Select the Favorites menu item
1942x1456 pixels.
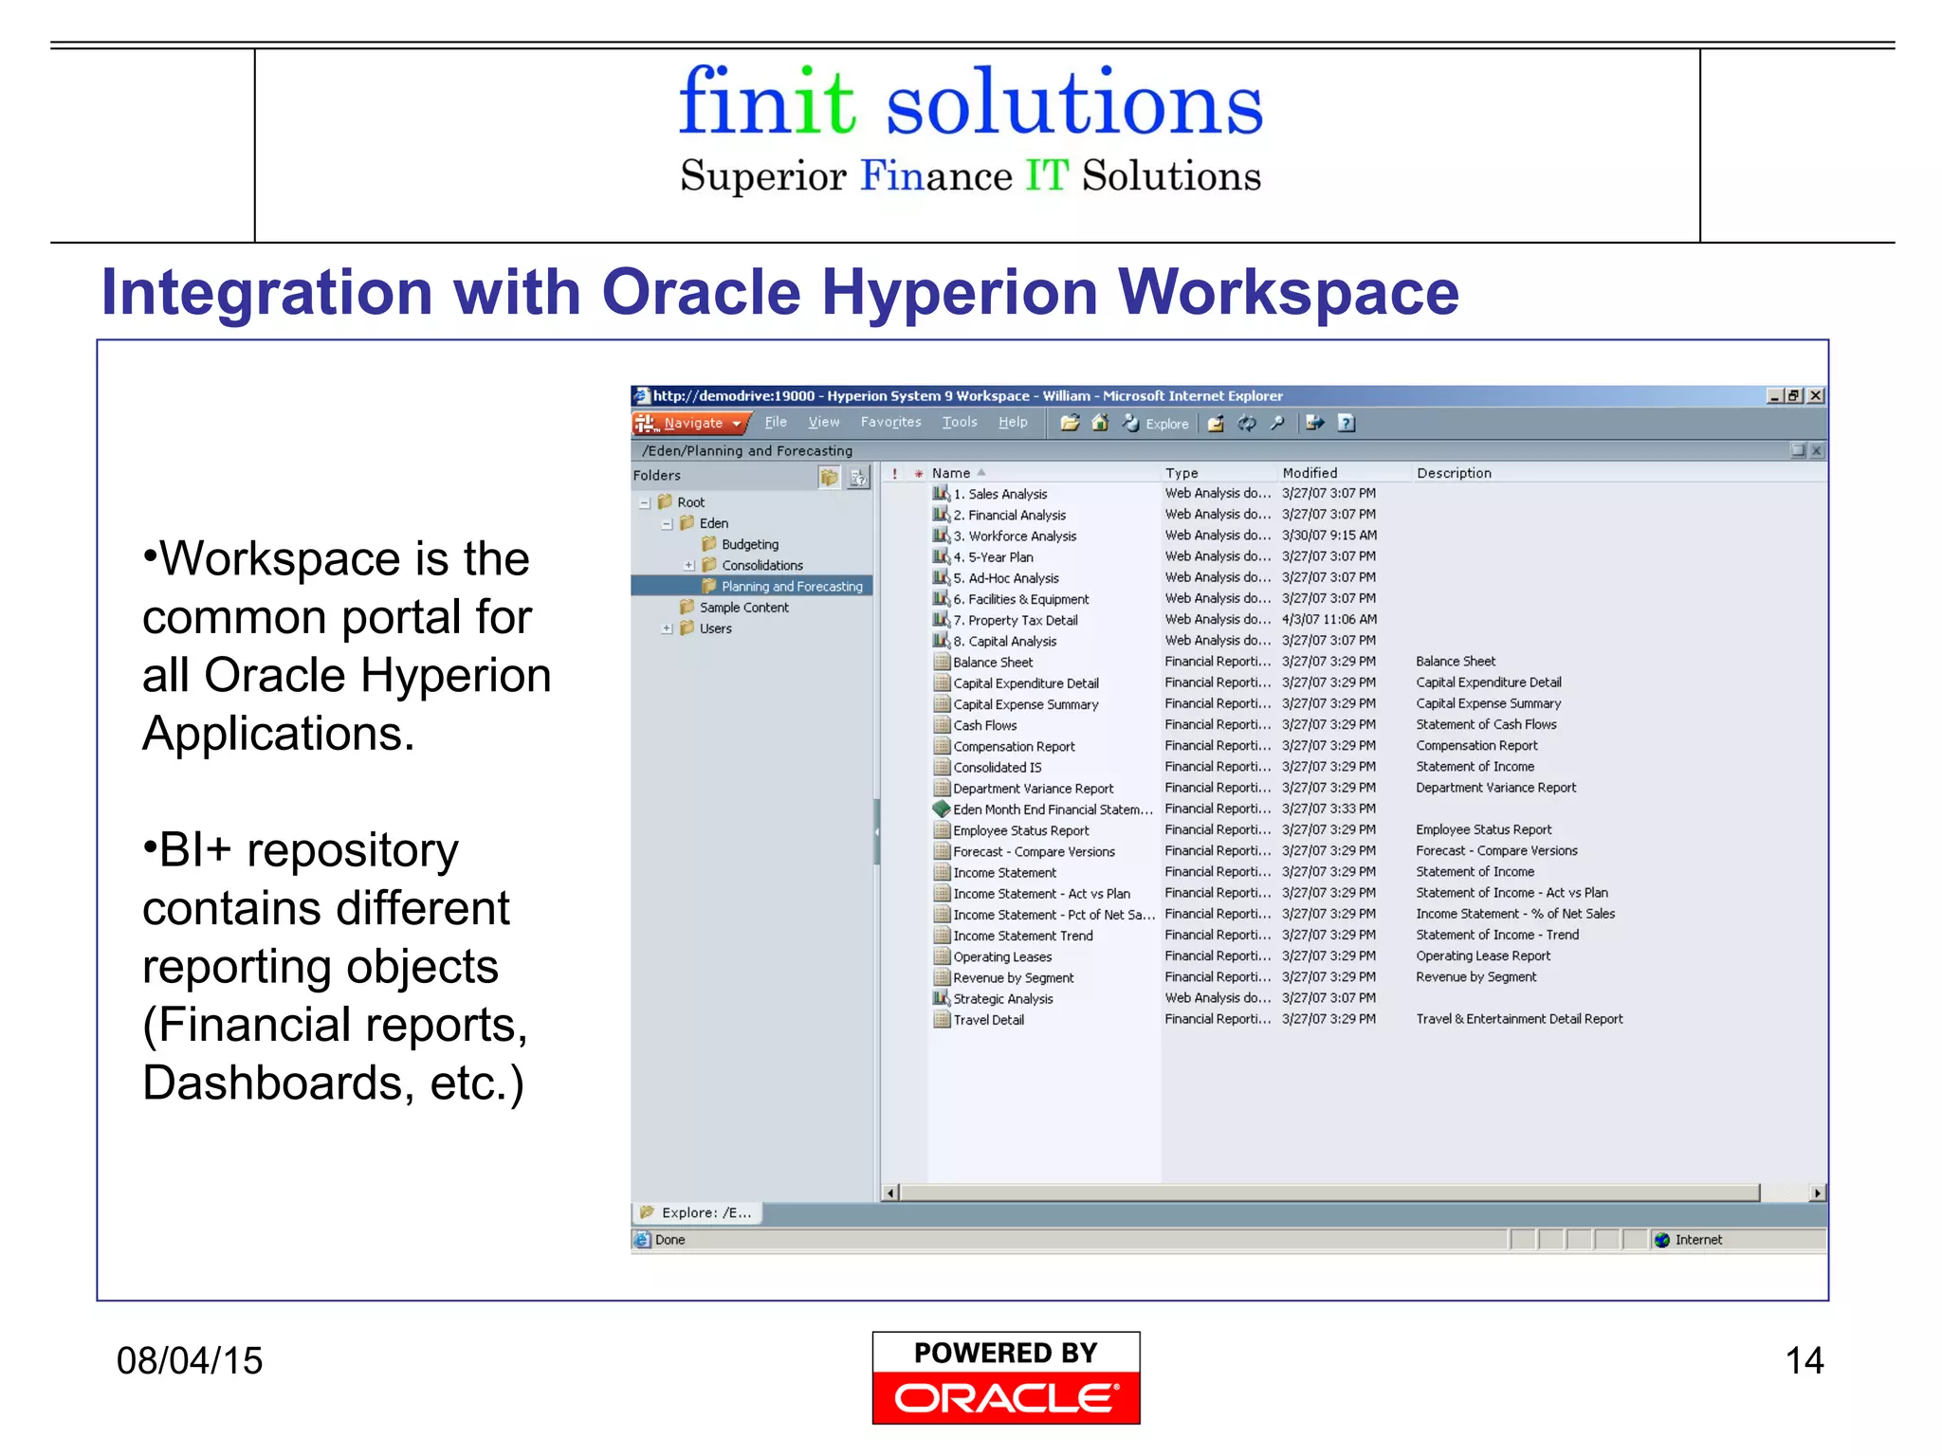pos(890,422)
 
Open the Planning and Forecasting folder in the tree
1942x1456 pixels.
pos(791,587)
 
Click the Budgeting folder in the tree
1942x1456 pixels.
pos(749,544)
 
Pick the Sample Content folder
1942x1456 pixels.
pos(743,608)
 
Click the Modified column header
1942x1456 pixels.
pos(1310,473)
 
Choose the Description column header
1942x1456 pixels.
pos(1454,473)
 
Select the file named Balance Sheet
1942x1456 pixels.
pos(992,663)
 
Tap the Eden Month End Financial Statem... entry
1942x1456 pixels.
pos(1052,810)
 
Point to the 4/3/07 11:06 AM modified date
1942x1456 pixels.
pos(1329,620)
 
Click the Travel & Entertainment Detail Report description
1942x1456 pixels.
pos(1519,1019)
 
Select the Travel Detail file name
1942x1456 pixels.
pos(988,1020)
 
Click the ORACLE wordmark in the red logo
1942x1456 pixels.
pos(1005,1398)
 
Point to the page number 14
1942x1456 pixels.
pos(1804,1361)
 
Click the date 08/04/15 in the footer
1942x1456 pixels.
pos(190,1361)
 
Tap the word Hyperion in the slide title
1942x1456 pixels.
pos(959,292)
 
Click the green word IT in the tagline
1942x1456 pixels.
pos(1046,176)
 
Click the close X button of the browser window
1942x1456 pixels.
pos(1815,396)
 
